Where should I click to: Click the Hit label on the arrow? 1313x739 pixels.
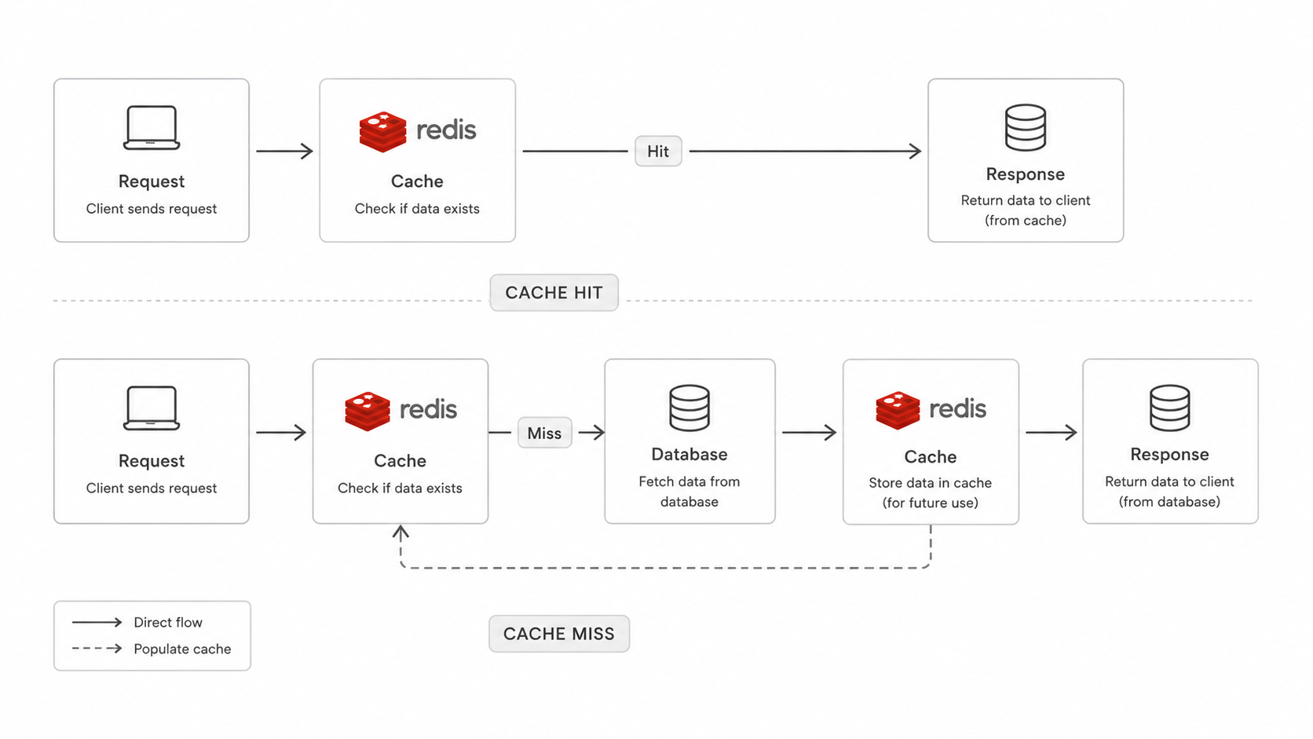[x=657, y=152]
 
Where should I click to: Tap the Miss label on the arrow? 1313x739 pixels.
[x=544, y=433]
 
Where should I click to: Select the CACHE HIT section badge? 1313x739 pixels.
[x=554, y=292]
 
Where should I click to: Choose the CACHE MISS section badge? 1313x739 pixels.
[x=559, y=634]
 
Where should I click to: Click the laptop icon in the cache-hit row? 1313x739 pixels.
[x=152, y=128]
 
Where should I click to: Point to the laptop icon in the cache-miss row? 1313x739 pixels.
[x=152, y=408]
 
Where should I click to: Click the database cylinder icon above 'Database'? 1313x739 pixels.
[x=689, y=408]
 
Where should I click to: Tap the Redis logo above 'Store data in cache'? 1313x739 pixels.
[x=931, y=410]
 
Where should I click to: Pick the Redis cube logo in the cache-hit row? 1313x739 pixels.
[x=382, y=131]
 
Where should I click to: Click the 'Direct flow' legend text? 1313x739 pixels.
[x=167, y=622]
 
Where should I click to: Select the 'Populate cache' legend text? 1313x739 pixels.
[x=182, y=649]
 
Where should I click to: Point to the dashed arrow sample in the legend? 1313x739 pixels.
[x=97, y=648]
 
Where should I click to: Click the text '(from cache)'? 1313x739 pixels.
[x=1026, y=221]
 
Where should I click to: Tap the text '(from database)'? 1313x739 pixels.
[x=1169, y=502]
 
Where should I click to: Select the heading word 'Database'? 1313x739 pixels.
[x=689, y=454]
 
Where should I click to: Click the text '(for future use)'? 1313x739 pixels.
[x=931, y=503]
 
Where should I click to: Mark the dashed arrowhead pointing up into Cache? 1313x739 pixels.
[x=400, y=532]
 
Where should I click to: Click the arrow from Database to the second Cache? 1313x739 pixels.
[x=809, y=433]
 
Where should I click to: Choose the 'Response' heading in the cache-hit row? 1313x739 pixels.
[x=1026, y=174]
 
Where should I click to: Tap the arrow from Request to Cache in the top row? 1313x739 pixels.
[x=284, y=152]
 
